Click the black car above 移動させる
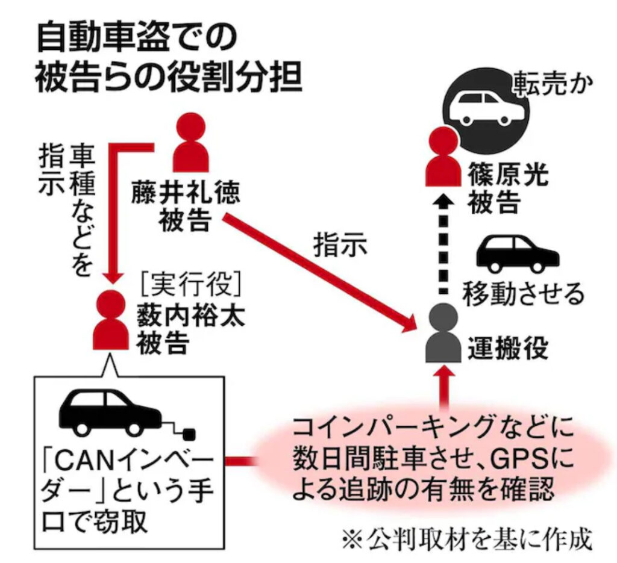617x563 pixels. click(516, 254)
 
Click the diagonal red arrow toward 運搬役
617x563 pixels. click(319, 271)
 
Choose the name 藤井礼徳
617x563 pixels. click(186, 193)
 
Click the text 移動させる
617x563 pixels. click(523, 294)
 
